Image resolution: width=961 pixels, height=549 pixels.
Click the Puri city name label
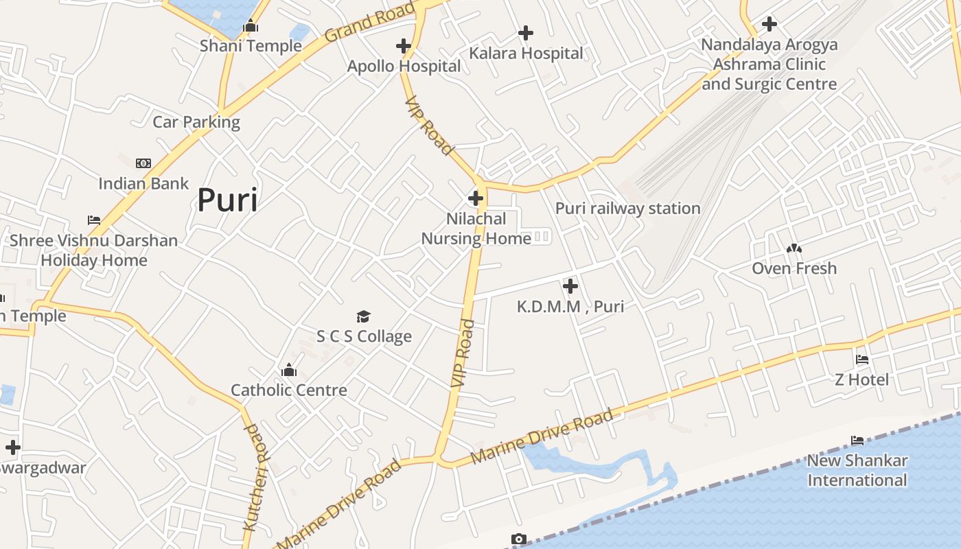[227, 200]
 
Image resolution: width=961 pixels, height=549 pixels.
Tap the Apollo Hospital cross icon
[404, 46]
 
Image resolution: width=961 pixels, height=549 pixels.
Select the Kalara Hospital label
[526, 54]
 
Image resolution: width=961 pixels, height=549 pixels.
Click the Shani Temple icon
[251, 26]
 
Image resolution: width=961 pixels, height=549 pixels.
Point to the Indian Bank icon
[143, 163]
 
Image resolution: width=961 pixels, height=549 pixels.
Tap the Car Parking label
[196, 122]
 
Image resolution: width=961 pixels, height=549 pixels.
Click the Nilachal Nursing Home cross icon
[475, 199]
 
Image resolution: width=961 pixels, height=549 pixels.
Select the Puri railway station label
[627, 209]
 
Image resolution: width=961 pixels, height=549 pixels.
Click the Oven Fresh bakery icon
[794, 248]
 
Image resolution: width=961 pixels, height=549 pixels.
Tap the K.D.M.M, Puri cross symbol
[570, 286]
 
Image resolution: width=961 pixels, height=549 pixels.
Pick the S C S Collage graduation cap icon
[363, 316]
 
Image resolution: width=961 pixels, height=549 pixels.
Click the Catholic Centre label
[289, 390]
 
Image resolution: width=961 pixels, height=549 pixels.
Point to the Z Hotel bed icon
[862, 360]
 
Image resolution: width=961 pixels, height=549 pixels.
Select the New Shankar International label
[857, 470]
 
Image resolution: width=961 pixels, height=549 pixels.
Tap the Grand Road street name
[370, 21]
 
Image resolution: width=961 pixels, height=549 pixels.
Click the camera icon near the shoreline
[519, 539]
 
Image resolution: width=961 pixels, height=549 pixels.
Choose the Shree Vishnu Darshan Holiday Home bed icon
[94, 220]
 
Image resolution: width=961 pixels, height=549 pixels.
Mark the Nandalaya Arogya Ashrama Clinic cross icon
[769, 24]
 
